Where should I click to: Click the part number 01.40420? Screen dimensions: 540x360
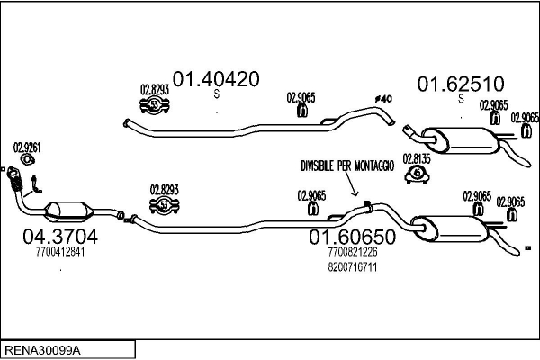pos(216,79)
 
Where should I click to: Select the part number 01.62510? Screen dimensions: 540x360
pos(461,84)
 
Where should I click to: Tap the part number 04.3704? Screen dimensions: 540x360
pos(60,237)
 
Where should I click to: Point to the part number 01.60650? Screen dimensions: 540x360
pos(352,237)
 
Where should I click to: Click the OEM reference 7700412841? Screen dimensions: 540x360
pos(60,252)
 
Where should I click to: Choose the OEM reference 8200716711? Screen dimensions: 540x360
pos(352,267)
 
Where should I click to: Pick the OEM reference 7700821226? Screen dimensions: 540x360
pos(352,252)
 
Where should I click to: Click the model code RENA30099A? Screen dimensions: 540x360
pos(42,351)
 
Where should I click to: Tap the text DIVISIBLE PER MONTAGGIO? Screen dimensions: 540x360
pos(347,166)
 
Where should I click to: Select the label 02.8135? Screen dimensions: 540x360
pos(417,158)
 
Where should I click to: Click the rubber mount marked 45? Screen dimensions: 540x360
pos(417,174)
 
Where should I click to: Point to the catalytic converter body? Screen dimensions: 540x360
pos(69,211)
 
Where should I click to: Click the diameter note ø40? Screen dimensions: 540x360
pos(383,99)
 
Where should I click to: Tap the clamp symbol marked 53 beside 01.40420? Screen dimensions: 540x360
pos(155,104)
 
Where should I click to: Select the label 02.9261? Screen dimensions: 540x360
pos(27,148)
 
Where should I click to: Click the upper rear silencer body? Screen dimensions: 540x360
pos(460,140)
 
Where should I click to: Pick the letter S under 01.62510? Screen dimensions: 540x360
pos(462,99)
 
